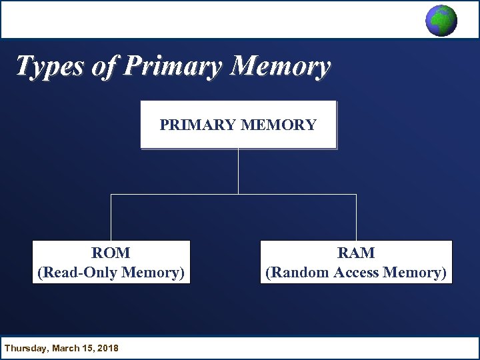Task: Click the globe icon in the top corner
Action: (441, 20)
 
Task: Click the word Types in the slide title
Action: (48, 67)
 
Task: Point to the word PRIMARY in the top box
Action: (199, 125)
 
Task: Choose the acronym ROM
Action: (111, 253)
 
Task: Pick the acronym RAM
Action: (356, 253)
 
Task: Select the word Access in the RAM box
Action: (357, 272)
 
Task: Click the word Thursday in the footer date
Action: (25, 348)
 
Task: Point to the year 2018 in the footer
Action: (107, 348)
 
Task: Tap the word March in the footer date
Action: (65, 348)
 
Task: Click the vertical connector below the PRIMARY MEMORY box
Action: (238, 171)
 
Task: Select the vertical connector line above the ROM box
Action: (111, 217)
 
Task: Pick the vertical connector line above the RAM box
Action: (356, 217)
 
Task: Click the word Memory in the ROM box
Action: (153, 272)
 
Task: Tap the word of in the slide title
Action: (106, 67)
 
